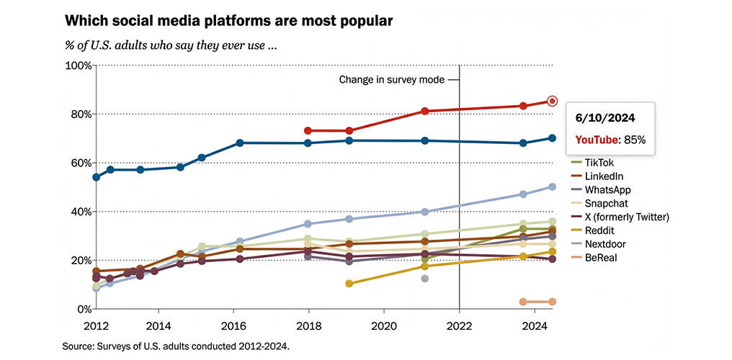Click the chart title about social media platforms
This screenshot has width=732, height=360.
(x=228, y=20)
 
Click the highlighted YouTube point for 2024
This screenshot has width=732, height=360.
(x=553, y=102)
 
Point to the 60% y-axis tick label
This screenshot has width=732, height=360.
(x=79, y=163)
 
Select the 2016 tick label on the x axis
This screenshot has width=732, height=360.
(x=233, y=325)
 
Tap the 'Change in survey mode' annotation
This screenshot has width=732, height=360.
(x=392, y=80)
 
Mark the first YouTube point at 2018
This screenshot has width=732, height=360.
(x=308, y=131)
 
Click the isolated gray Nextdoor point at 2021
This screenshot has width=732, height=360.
(x=425, y=279)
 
